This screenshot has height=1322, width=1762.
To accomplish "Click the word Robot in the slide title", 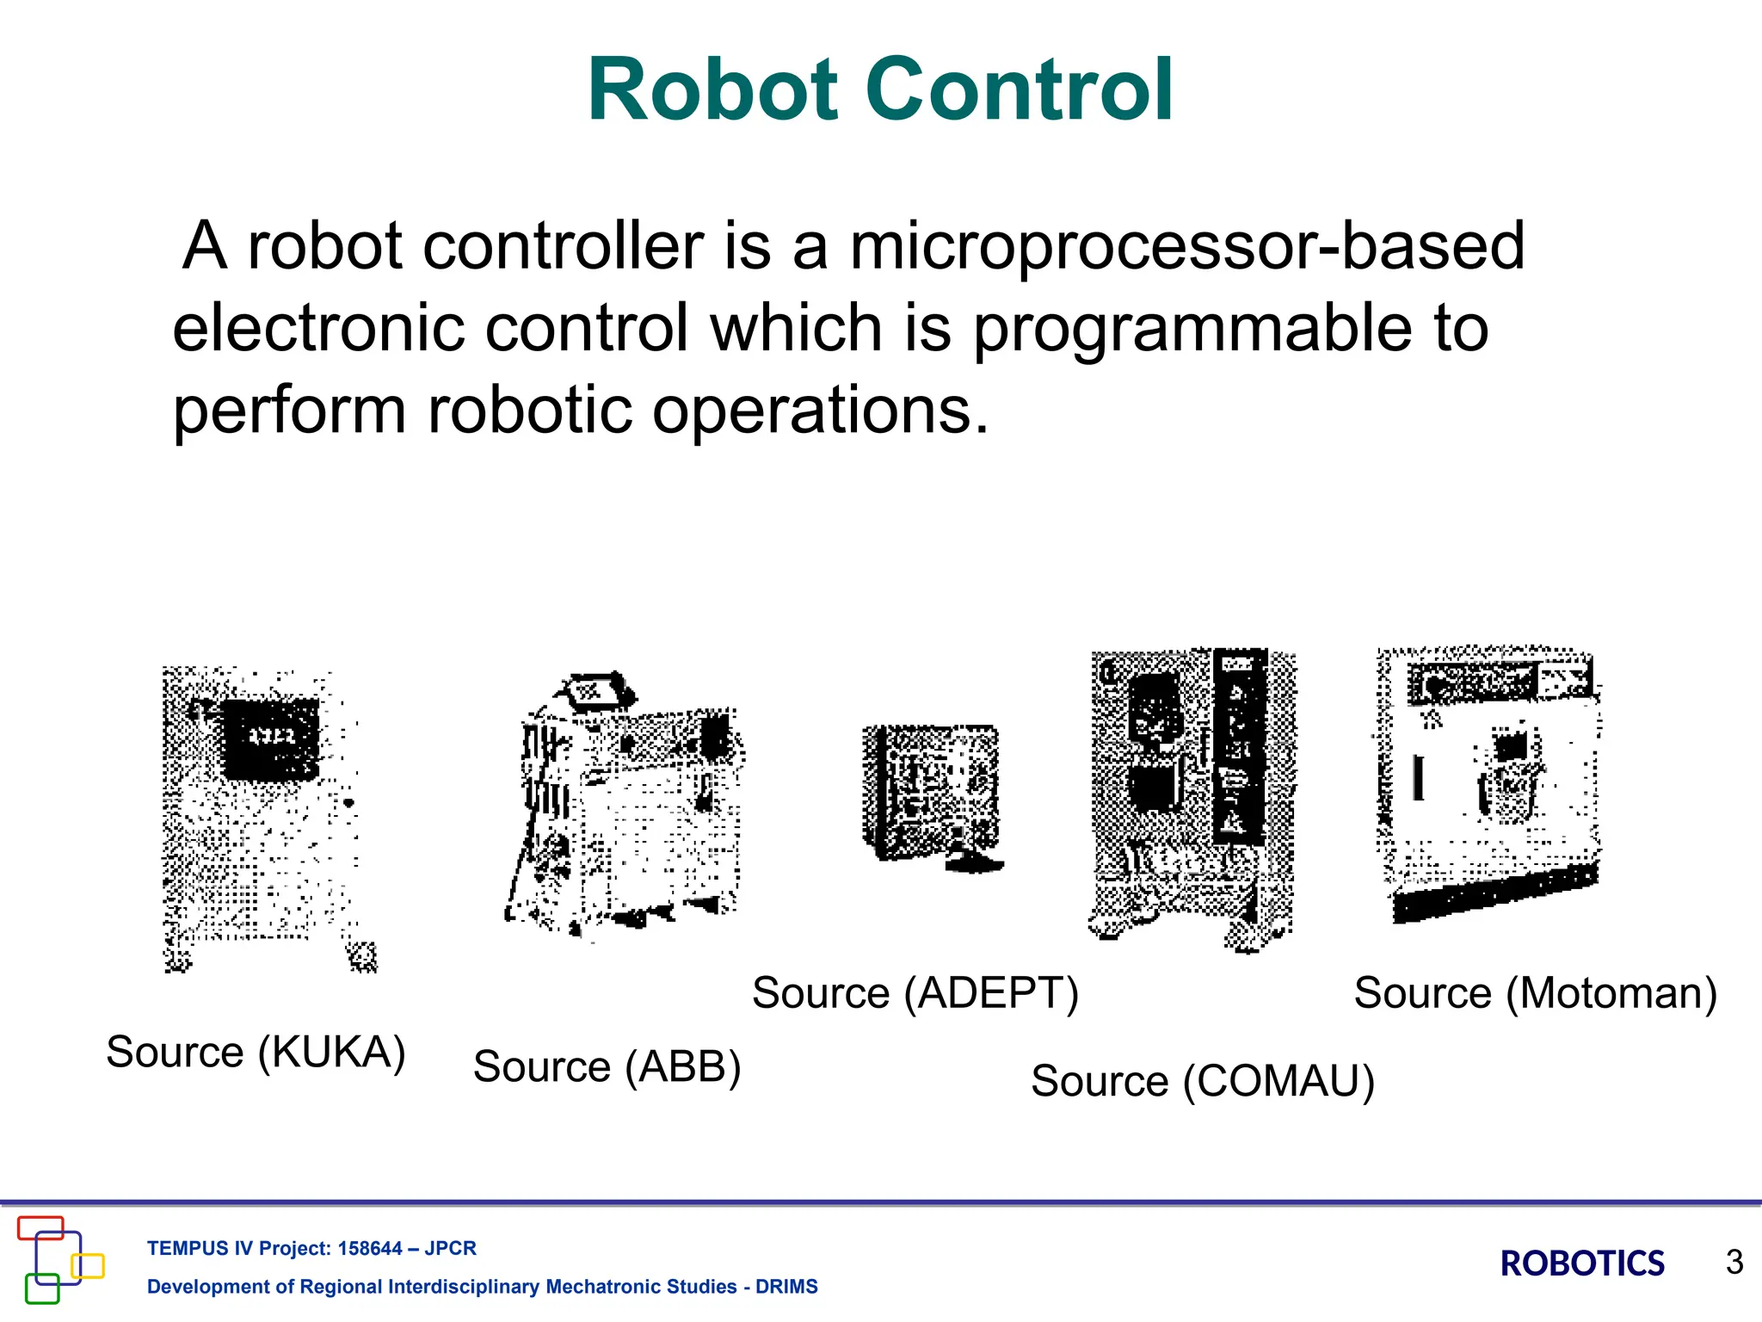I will [713, 90].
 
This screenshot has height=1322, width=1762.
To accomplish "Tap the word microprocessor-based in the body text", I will [1187, 247].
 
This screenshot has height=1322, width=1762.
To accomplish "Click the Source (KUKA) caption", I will [256, 1052].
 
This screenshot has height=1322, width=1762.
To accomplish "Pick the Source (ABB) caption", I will [607, 1067].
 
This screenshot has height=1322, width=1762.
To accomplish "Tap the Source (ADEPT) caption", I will [915, 993].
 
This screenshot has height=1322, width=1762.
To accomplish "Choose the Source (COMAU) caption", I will [1202, 1081].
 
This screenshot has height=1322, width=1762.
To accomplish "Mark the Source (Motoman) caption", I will [1535, 993].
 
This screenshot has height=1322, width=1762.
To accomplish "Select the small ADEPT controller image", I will [933, 796].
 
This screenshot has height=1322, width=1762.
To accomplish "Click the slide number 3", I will [1734, 1263].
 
